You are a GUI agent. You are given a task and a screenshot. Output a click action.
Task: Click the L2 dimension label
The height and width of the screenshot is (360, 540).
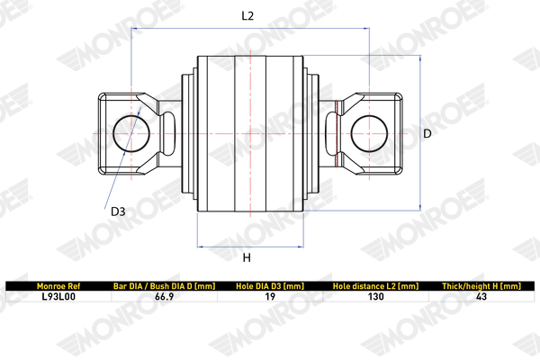click(248, 15)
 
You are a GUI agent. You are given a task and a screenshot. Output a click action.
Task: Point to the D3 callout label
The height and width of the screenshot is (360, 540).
click(118, 212)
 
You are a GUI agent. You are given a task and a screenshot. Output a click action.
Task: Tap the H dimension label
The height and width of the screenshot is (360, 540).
click(247, 258)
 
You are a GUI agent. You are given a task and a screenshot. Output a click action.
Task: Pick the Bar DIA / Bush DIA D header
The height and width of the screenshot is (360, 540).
click(162, 285)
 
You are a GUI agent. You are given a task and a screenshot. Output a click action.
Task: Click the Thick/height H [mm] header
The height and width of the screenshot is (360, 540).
click(481, 285)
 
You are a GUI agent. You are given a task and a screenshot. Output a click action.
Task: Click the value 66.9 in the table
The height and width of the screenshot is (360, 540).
click(163, 295)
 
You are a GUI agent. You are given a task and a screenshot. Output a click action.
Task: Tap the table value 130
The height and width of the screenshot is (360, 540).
click(377, 295)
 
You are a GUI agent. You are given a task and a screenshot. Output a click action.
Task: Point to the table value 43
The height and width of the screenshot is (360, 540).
click(481, 295)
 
